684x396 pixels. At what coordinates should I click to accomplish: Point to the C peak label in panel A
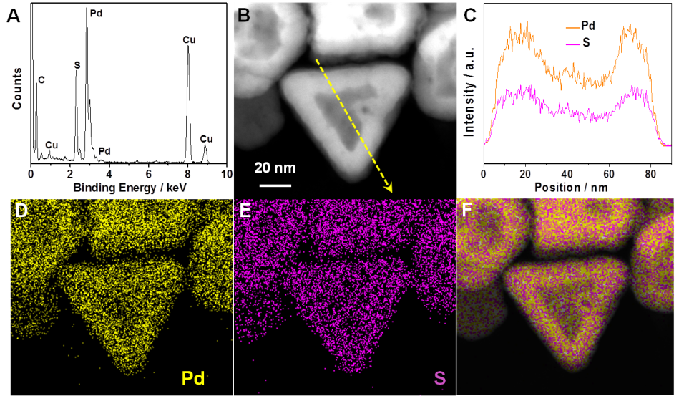[41, 80]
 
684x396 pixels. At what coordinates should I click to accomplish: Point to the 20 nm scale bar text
[275, 168]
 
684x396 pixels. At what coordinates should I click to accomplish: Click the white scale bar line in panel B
[275, 184]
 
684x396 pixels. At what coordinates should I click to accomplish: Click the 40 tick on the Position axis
[567, 174]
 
